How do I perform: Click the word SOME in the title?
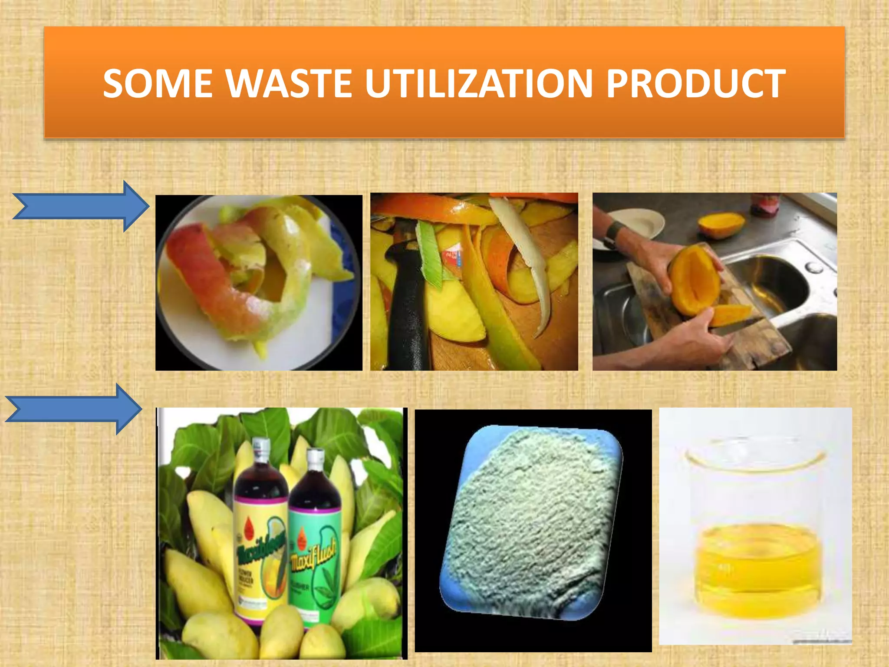pyautogui.click(x=158, y=83)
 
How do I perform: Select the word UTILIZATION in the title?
pyautogui.click(x=478, y=83)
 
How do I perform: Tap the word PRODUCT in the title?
pyautogui.click(x=695, y=83)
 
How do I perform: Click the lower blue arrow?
pyautogui.click(x=74, y=409)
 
